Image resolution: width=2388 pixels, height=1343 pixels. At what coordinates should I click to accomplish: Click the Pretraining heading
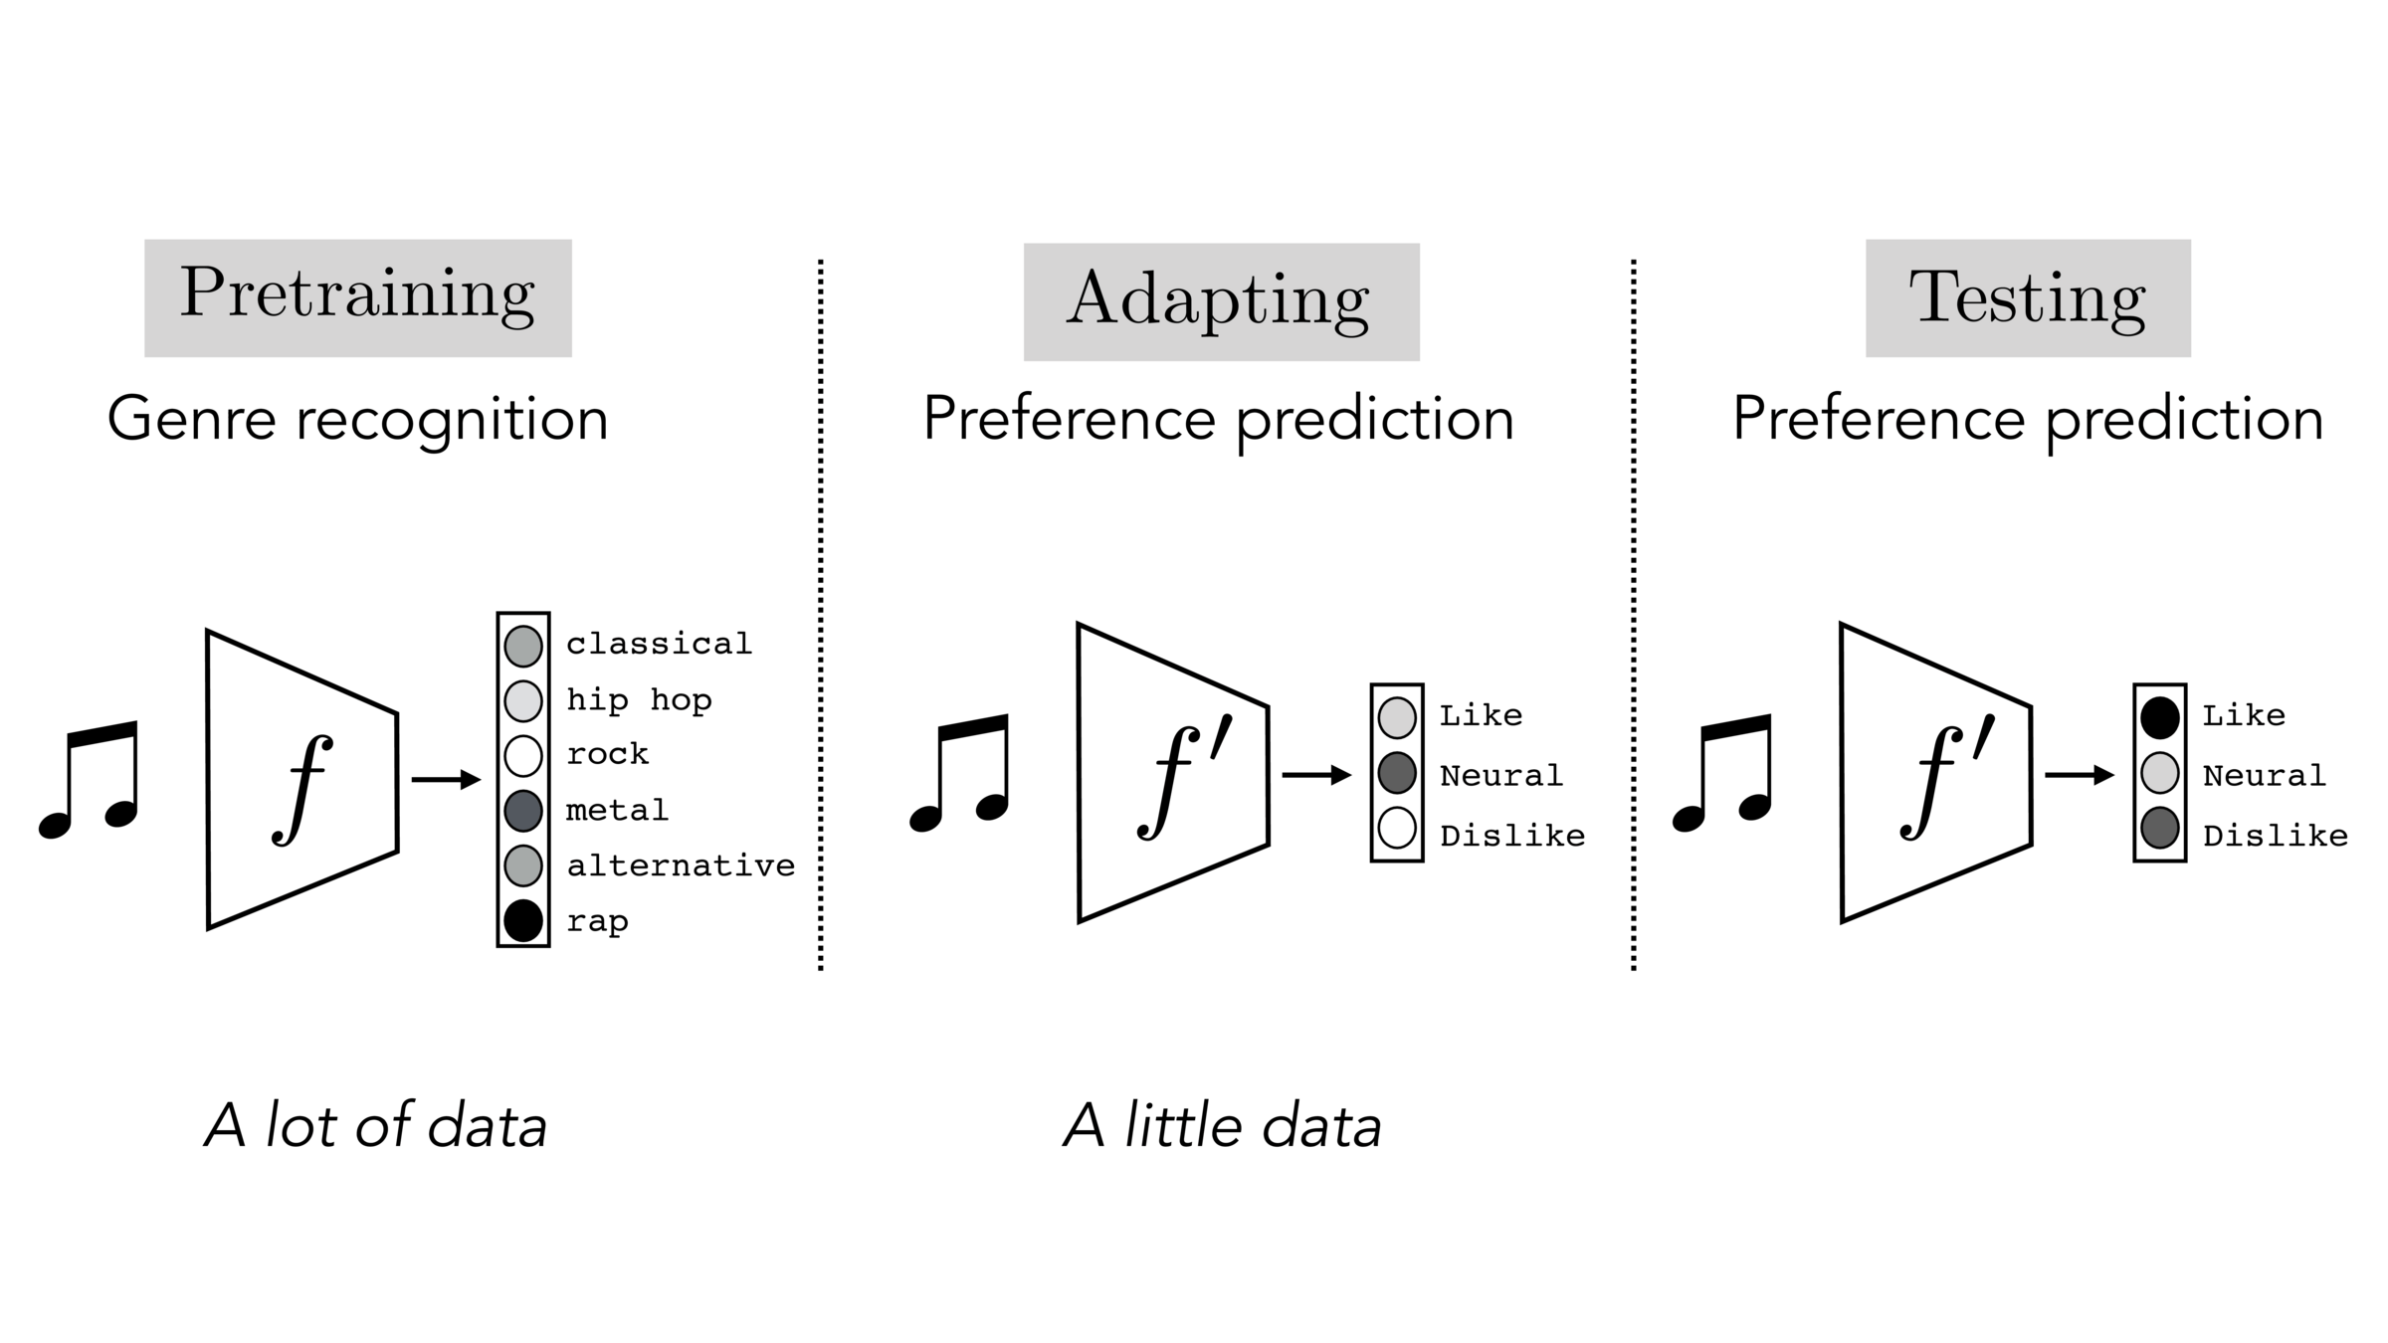tap(357, 296)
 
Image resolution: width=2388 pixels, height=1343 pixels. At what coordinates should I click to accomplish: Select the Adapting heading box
tap(1221, 300)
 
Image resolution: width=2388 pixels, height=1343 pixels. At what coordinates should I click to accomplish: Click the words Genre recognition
tap(357, 419)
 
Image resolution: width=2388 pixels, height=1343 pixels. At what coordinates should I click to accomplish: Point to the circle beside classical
tap(523, 646)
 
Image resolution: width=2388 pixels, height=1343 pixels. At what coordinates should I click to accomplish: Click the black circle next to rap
tap(523, 920)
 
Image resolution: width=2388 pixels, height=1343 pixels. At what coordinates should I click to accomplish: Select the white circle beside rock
tap(523, 755)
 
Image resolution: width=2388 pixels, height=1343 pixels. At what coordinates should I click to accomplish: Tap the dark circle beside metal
tap(523, 811)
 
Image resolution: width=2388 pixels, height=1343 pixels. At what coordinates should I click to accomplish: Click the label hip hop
tap(639, 700)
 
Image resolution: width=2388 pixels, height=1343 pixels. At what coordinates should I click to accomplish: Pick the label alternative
tap(681, 865)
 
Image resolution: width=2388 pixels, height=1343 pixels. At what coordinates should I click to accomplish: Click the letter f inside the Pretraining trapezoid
tap(302, 789)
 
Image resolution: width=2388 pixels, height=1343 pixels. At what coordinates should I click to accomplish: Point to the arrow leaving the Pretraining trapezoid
tap(446, 779)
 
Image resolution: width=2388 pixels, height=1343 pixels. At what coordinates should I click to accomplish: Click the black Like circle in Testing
tap(2159, 717)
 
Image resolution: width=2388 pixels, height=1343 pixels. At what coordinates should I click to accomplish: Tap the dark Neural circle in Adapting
tap(1397, 773)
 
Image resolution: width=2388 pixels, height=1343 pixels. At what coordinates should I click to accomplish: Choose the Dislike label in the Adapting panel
tap(1512, 836)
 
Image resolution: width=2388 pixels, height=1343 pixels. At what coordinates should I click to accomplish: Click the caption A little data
tap(1223, 1127)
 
